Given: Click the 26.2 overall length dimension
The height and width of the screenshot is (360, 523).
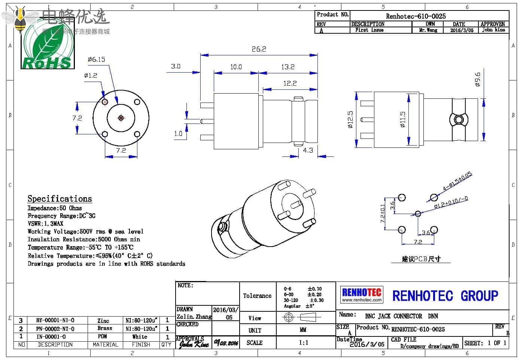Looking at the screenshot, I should (x=259, y=49).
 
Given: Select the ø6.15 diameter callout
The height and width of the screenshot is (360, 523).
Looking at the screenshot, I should (x=97, y=60).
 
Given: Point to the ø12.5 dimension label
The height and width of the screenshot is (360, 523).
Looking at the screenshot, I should (x=350, y=119).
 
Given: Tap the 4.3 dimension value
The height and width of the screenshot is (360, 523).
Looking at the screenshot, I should (x=308, y=150).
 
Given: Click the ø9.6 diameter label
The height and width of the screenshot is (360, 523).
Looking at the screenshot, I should (x=477, y=80).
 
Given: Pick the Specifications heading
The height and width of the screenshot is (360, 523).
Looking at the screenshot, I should (x=60, y=199).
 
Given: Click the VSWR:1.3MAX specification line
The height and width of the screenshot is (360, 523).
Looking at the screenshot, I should (x=46, y=223).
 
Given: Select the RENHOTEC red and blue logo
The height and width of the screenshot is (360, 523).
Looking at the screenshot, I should (x=362, y=295).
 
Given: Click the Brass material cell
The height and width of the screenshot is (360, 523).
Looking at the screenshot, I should (x=105, y=328).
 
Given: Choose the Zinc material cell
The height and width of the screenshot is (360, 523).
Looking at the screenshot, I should (x=103, y=320).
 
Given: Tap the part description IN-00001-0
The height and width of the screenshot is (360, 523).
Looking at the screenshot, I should (x=51, y=336).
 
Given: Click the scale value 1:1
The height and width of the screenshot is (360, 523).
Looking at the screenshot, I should (x=304, y=342).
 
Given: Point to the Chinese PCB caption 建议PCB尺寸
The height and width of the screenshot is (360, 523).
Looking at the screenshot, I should (x=421, y=259).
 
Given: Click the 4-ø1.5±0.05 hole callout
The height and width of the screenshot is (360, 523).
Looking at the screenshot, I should (x=457, y=181).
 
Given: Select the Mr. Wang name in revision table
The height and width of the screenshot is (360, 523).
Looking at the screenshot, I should (x=428, y=30).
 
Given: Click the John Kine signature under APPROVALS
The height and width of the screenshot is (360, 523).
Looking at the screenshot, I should (x=193, y=344).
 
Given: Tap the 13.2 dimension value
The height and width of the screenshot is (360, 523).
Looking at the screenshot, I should (x=288, y=67).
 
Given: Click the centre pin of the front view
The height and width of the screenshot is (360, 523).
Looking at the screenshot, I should (x=121, y=118).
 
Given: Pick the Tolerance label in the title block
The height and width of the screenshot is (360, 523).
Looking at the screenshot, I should (x=257, y=296).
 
